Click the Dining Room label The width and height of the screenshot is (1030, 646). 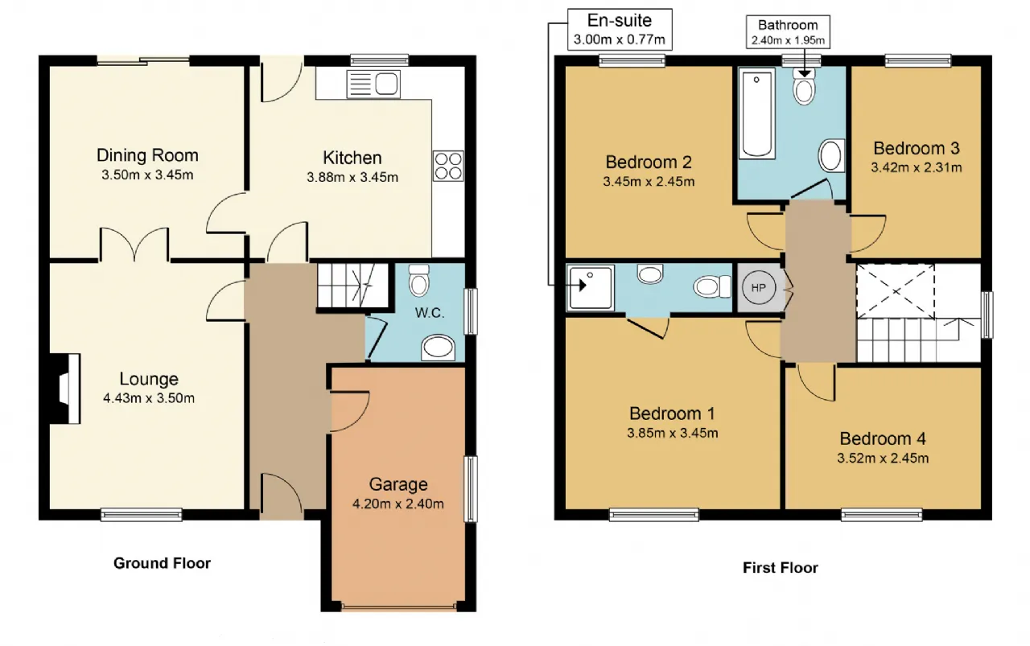click(147, 155)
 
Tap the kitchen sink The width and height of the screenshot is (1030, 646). click(373, 84)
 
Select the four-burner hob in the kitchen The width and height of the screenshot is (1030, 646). click(448, 166)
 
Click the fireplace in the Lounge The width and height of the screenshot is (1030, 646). click(65, 389)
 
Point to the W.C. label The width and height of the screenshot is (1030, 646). click(430, 313)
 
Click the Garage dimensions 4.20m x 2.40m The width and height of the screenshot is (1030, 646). click(398, 504)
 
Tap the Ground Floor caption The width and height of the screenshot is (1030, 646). click(162, 563)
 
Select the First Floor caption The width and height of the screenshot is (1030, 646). click(781, 568)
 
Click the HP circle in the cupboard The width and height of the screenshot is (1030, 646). click(759, 288)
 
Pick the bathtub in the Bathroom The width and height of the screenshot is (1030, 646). click(757, 113)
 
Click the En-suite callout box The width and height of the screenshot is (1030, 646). click(620, 30)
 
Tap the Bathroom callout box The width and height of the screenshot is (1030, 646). click(788, 31)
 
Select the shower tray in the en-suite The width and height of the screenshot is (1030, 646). click(590, 288)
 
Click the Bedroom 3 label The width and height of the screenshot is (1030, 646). click(917, 149)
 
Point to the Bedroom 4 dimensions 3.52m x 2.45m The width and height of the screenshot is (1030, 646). click(883, 459)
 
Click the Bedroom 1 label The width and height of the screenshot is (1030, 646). click(672, 414)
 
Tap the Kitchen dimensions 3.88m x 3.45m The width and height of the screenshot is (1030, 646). click(352, 178)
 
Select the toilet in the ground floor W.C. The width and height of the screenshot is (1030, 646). click(418, 280)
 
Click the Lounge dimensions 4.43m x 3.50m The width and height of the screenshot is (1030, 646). click(149, 398)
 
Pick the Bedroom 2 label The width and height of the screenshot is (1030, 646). click(649, 163)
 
